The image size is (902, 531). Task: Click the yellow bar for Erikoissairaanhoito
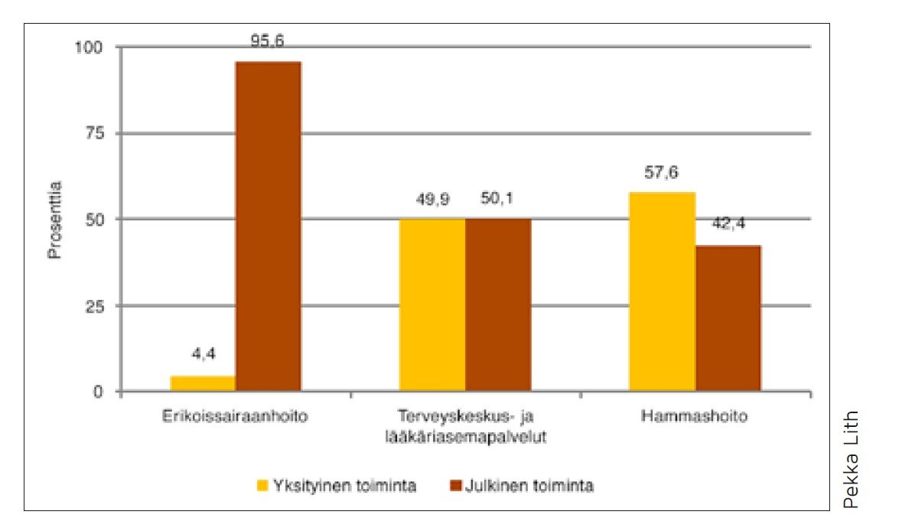coord(203,383)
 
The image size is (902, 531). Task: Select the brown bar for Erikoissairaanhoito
coord(268,226)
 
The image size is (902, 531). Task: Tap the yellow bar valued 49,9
coord(432,305)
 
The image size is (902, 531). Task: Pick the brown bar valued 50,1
coord(498,305)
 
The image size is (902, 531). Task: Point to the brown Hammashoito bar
coord(728,318)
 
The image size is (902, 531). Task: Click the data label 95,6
coord(268,43)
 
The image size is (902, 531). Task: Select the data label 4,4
coord(203,355)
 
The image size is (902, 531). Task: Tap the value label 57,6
coord(662,173)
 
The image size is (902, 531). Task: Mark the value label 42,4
coord(728,226)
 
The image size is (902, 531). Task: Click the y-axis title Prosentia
coord(55,219)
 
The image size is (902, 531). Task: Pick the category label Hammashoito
coord(695,417)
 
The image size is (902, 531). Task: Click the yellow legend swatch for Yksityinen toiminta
coord(262,485)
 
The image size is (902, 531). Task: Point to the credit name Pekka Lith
coord(852,459)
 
